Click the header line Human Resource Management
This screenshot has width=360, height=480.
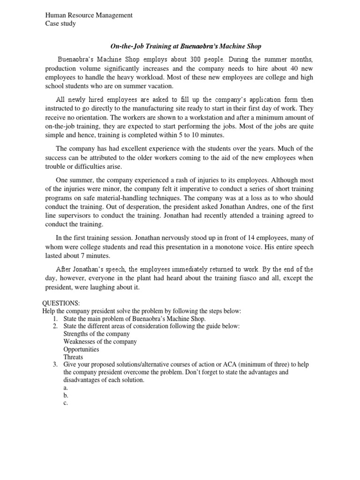click(x=89, y=15)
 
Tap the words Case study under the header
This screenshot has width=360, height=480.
click(x=60, y=24)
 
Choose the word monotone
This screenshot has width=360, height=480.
click(x=251, y=247)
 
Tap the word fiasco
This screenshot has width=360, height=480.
click(x=247, y=278)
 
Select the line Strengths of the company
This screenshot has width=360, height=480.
click(x=97, y=334)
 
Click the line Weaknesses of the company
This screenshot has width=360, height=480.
click(x=100, y=342)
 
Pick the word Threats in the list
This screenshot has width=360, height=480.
click(x=73, y=357)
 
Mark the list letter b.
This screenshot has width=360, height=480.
click(x=66, y=396)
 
